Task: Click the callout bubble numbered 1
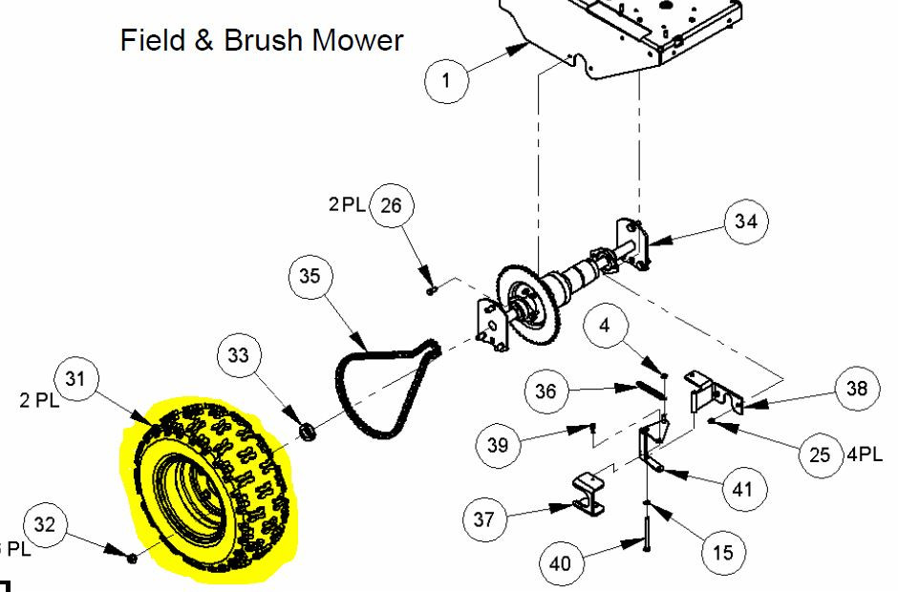tap(446, 81)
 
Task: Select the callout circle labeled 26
tap(391, 205)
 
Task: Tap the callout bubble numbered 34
tap(746, 222)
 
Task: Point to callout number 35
tap(310, 277)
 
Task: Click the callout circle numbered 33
tap(239, 355)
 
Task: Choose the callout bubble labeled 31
tap(75, 379)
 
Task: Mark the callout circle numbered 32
tap(45, 525)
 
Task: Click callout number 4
tap(605, 326)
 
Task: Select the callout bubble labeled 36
tap(545, 391)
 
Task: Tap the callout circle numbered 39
tap(498, 445)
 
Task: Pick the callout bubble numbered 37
tap(484, 519)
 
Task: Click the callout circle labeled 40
tap(561, 564)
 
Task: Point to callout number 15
tap(723, 553)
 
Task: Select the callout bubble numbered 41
tap(743, 490)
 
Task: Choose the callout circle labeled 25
tap(820, 455)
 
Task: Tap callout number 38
tap(856, 389)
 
